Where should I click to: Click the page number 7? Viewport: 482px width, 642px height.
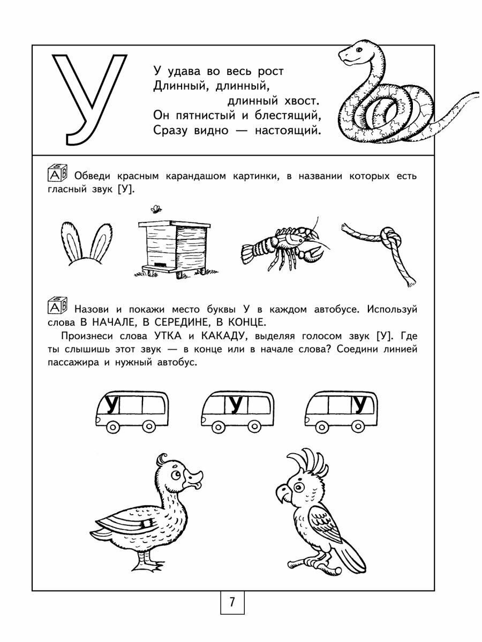point(232,602)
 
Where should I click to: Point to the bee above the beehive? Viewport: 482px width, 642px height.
point(156,209)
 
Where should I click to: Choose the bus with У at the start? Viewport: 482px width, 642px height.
point(131,409)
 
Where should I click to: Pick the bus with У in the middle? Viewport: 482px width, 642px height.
point(236,409)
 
